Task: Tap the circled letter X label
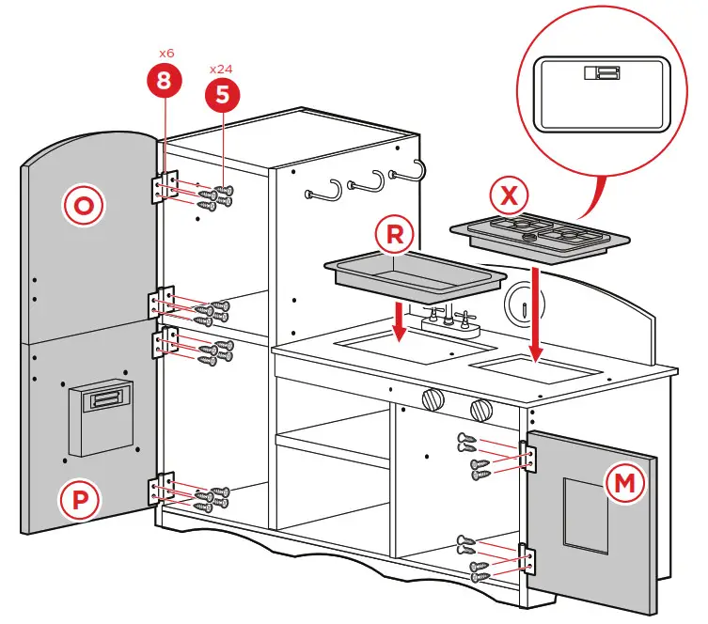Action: [509, 196]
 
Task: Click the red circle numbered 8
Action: [165, 81]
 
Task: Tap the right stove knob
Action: [480, 410]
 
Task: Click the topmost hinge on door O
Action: [165, 186]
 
